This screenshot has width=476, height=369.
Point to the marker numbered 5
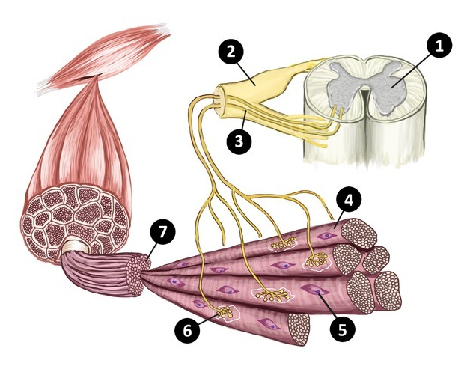[344, 326]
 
